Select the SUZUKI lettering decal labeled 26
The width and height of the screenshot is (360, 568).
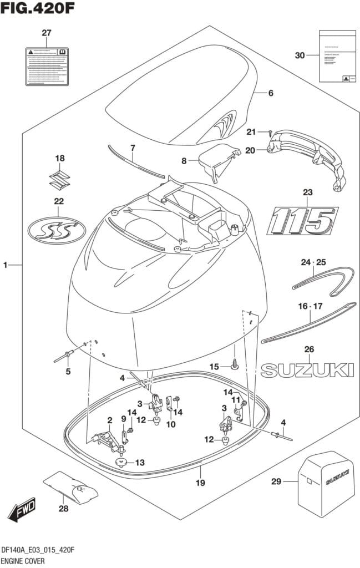(307, 371)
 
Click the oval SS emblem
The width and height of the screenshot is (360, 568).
(57, 231)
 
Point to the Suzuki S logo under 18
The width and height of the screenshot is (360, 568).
(59, 180)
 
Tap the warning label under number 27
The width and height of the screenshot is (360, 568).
(47, 67)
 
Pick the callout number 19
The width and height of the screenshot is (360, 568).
(200, 483)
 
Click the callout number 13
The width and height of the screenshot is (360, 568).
(140, 462)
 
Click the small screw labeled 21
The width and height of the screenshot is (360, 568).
(269, 133)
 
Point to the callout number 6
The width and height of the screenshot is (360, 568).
(271, 93)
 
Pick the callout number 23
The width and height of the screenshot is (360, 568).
(308, 192)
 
